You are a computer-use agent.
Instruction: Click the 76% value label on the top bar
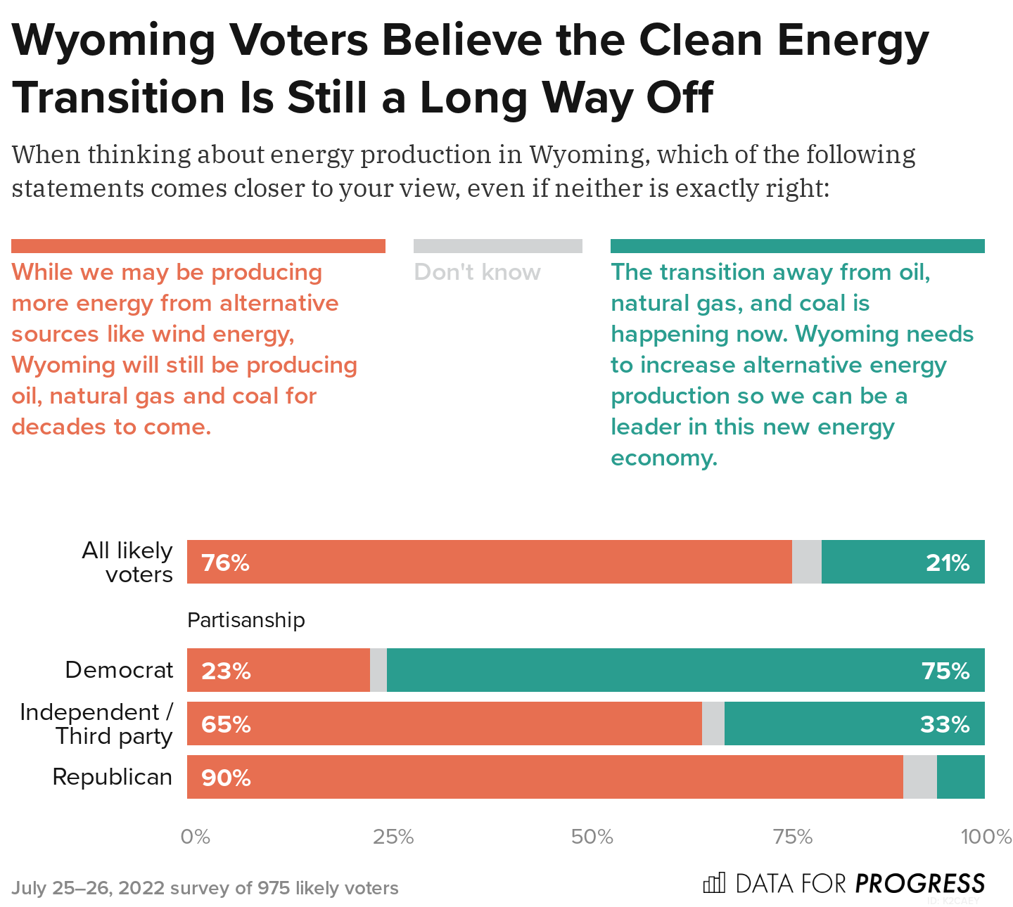coord(225,562)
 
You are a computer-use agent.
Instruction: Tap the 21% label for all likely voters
coord(947,562)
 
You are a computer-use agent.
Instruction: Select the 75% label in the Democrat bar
coord(945,671)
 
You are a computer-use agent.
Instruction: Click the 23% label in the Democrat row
coord(226,671)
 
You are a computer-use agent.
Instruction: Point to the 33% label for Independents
coord(945,724)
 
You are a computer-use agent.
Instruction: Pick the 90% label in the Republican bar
coord(226,778)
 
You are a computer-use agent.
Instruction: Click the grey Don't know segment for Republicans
coord(919,777)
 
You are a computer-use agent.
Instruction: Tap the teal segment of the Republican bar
coord(960,777)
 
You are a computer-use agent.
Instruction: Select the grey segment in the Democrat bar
coord(378,670)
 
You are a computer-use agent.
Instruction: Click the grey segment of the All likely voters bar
coord(806,562)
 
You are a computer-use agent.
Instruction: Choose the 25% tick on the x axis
coord(393,837)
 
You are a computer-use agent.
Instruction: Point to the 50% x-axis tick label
coord(592,837)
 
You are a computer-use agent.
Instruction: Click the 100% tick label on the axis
coord(986,837)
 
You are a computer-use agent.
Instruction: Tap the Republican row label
coord(113,777)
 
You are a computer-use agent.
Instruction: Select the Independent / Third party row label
coord(96,723)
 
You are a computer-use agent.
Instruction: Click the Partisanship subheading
coord(246,620)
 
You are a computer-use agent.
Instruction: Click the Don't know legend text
coord(477,272)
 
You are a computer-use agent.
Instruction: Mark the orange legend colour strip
coord(198,246)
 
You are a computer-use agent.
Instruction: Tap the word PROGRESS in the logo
coord(919,883)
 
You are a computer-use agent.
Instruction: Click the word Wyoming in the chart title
coord(114,40)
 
